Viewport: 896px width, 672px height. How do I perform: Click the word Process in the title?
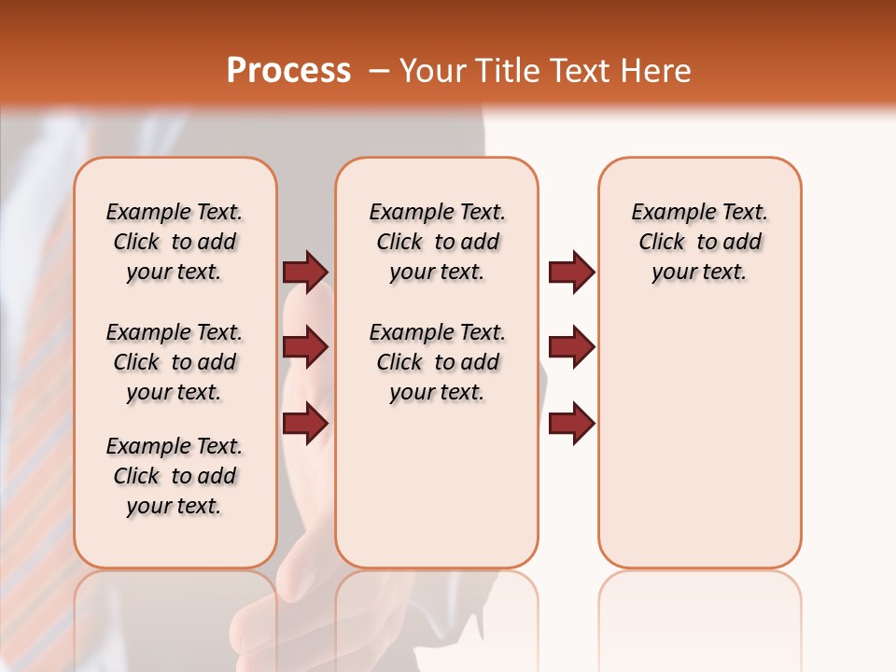tap(288, 71)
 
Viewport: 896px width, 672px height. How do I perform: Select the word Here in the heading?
tap(656, 71)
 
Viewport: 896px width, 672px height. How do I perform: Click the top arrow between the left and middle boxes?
tap(305, 273)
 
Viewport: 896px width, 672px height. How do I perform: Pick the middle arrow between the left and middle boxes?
tap(305, 348)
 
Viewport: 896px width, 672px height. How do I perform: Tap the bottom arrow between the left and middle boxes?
tap(305, 424)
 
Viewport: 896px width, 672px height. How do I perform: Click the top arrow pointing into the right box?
tap(571, 273)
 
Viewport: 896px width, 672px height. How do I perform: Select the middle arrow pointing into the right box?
tap(571, 348)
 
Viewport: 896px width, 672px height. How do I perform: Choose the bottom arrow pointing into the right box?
tap(571, 424)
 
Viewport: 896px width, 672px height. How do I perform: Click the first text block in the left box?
tap(175, 242)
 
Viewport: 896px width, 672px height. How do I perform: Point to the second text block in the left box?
tap(175, 362)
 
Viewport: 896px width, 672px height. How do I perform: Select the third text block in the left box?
tap(175, 476)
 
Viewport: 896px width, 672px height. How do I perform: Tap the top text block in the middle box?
tap(437, 242)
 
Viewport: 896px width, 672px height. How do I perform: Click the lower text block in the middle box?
tap(437, 362)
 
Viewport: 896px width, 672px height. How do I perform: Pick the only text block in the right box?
tap(700, 242)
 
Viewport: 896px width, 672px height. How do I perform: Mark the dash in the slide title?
tap(379, 71)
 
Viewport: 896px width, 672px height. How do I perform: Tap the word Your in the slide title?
tap(430, 71)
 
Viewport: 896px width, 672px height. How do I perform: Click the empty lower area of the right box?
tap(700, 448)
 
